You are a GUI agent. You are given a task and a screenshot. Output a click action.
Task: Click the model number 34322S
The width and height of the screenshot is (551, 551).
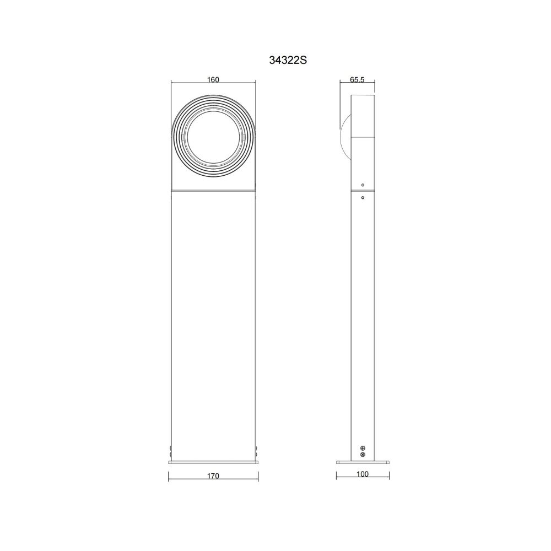[288, 61]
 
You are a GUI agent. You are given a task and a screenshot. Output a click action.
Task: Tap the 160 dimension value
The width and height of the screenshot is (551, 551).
[213, 79]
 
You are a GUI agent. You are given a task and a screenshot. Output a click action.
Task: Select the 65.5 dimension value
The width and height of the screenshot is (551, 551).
[357, 79]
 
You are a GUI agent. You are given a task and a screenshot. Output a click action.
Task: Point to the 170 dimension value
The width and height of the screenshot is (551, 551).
[213, 476]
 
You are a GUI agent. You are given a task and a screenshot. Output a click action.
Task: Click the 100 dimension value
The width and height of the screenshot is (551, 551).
[363, 474]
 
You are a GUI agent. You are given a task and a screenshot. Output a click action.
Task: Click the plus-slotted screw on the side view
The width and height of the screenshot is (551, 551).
[363, 448]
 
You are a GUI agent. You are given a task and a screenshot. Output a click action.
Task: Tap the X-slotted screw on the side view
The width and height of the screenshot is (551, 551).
[363, 455]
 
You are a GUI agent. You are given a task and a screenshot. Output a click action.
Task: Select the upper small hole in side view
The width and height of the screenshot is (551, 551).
[363, 185]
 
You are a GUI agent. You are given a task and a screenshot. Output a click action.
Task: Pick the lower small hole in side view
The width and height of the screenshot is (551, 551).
[363, 197]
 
